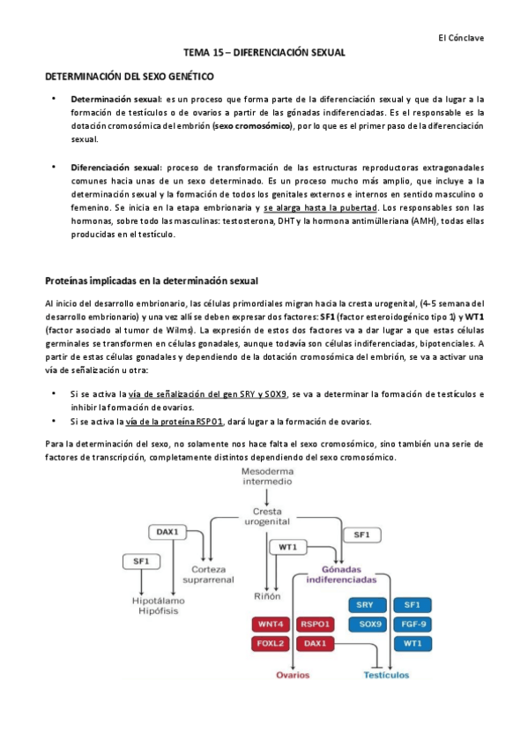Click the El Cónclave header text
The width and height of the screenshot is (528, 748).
coord(461,38)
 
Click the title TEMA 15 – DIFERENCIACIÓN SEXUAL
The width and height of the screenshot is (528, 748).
coord(264,54)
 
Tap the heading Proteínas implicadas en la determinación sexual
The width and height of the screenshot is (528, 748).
coord(151,281)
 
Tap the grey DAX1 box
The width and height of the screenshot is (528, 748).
coord(167,532)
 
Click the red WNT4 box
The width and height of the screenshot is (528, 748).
coord(271,624)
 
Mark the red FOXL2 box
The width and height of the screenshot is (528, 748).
coord(271,643)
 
